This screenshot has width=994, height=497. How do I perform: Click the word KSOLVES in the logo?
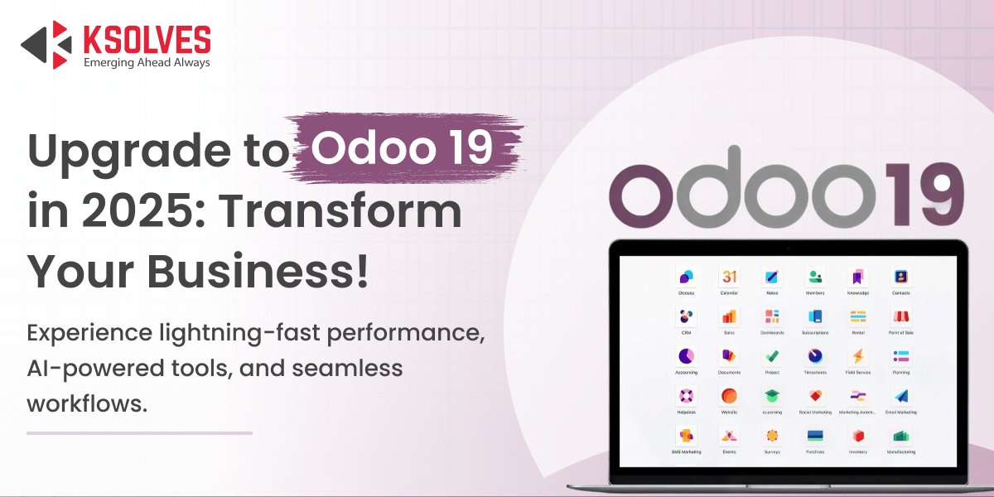coord(147,38)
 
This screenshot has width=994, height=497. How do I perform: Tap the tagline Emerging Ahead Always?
coord(147,62)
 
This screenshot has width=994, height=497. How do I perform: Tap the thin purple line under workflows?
coord(139,432)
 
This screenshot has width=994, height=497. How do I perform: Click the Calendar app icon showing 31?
coord(729,277)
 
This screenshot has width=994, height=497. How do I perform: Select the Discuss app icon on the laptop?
coord(686,277)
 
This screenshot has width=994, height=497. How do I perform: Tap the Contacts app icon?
coord(901,277)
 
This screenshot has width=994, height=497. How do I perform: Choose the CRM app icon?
coord(686,316)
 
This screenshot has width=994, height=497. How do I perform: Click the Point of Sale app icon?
coord(901,316)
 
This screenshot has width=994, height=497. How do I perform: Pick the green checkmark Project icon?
coord(772,356)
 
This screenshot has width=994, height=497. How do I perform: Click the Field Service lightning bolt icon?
coord(858,356)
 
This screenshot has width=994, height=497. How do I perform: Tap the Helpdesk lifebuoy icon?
coord(686,396)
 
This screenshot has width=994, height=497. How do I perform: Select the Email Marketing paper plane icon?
coord(901,396)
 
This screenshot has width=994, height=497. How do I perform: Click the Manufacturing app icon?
coord(901,436)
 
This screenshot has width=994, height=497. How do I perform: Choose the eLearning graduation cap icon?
coord(772,396)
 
